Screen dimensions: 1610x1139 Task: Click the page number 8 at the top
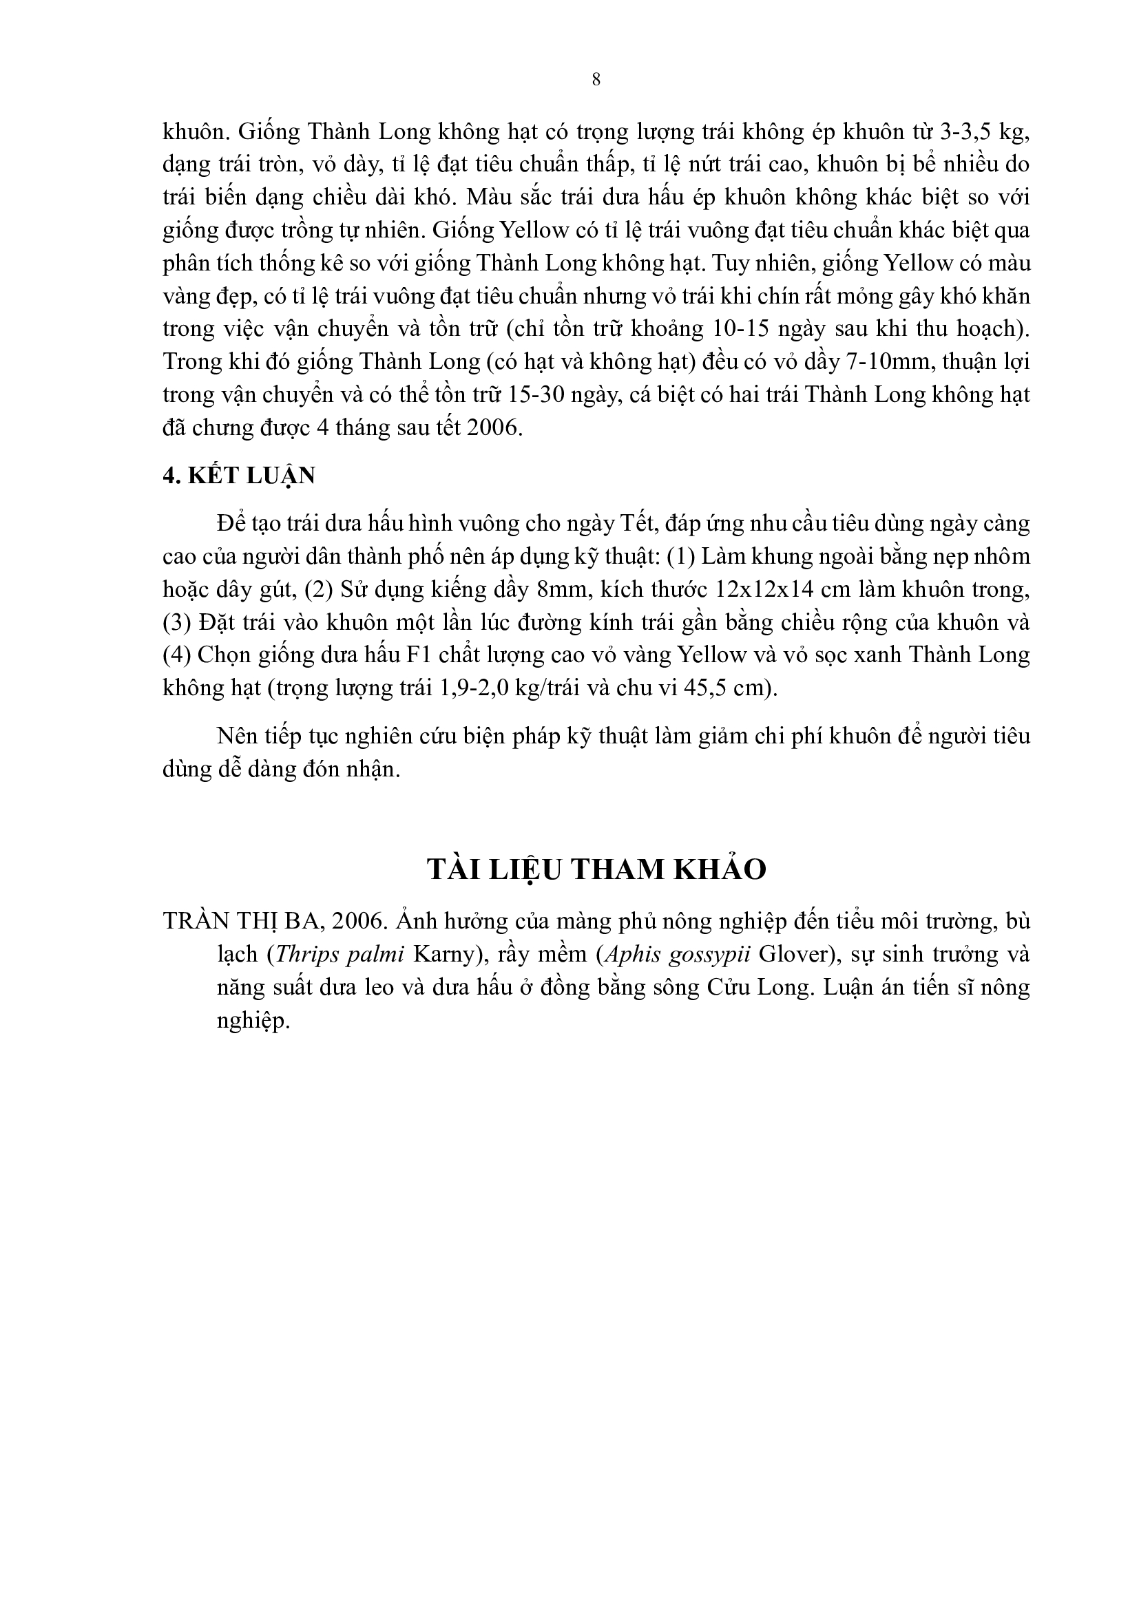(596, 80)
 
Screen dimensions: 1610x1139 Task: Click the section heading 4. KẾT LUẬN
(238, 476)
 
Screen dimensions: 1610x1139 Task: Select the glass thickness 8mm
(563, 589)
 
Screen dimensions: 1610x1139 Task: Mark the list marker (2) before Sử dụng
(319, 589)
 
